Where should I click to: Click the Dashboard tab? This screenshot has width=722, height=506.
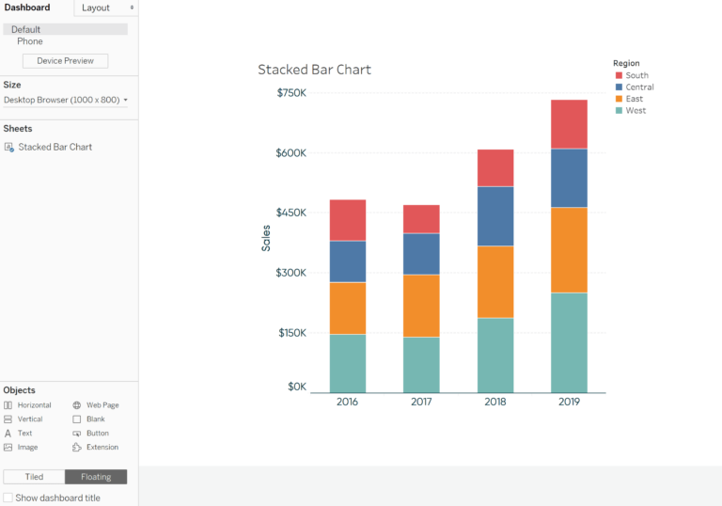tap(27, 8)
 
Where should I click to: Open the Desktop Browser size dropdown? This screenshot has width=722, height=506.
tap(66, 100)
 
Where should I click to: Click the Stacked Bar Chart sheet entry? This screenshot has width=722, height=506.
tap(55, 147)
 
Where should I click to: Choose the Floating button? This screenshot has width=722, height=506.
tap(96, 477)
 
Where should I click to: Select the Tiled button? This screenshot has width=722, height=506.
tap(34, 477)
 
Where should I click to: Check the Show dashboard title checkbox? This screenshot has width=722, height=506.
tap(8, 498)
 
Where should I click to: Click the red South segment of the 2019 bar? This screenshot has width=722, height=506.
tap(569, 124)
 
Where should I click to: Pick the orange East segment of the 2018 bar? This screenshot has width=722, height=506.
tap(495, 281)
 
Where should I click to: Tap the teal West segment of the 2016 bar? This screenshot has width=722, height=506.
tap(348, 363)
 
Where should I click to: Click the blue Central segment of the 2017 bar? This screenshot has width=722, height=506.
tap(421, 254)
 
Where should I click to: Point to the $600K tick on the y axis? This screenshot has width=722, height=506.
tap(291, 152)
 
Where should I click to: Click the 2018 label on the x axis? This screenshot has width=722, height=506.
tap(495, 402)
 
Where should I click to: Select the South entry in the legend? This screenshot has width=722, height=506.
tap(636, 75)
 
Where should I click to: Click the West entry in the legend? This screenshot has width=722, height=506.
tap(636, 111)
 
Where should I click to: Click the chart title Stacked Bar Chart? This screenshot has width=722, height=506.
tap(314, 70)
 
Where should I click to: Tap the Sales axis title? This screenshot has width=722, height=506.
tap(266, 238)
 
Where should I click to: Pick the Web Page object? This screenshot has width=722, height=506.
tap(102, 405)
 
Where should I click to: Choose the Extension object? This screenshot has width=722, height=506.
tap(102, 448)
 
